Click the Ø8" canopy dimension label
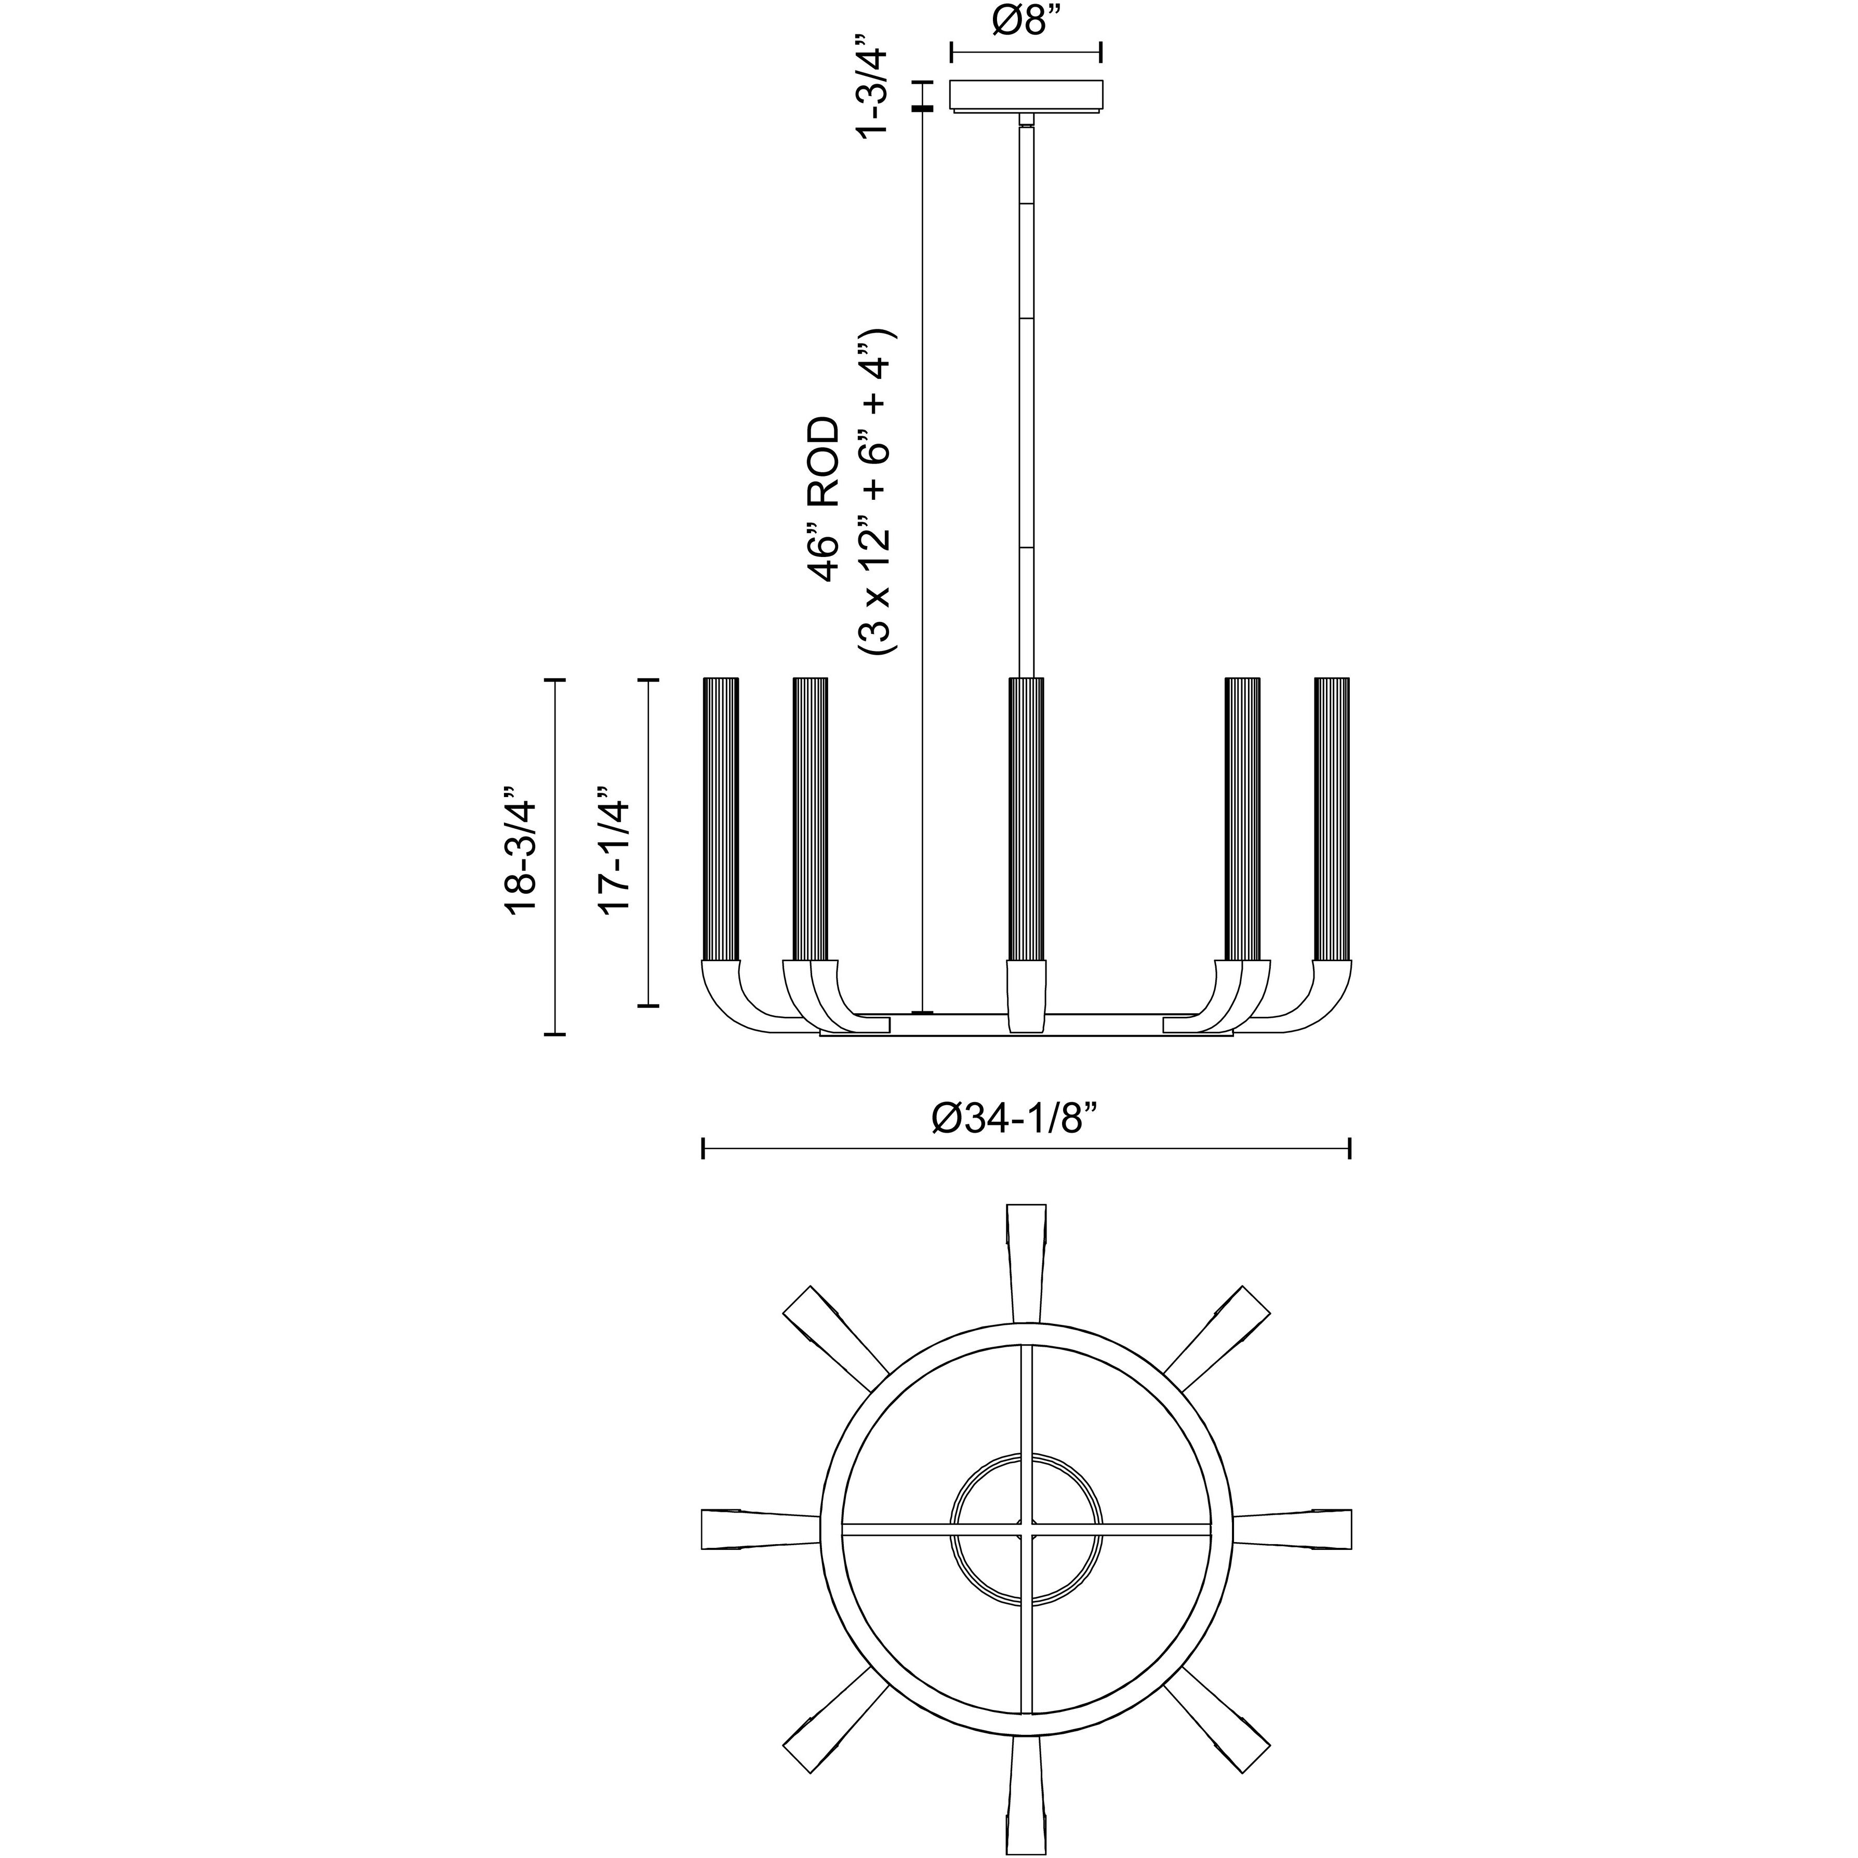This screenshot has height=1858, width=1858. coord(1025,19)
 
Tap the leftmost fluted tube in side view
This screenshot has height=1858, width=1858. coord(721,819)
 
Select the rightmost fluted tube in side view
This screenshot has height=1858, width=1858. coord(1332,819)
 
